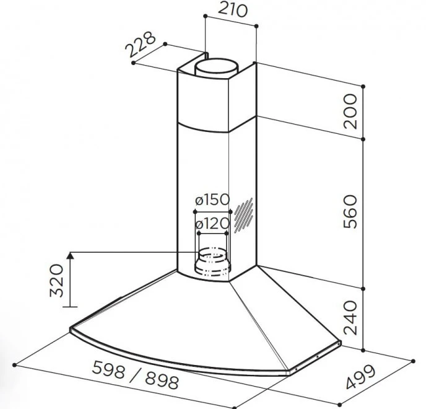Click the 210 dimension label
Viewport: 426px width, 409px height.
[x=233, y=9]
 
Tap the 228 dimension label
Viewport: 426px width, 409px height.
[x=141, y=45]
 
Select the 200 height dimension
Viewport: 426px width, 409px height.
[x=350, y=111]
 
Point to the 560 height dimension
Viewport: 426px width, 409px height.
[x=350, y=211]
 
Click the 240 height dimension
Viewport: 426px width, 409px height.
[x=350, y=317]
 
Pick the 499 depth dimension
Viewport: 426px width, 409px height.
[x=361, y=377]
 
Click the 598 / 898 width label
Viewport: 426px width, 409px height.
[x=136, y=375]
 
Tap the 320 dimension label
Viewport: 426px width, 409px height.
[x=57, y=280]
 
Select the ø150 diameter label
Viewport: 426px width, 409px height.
[x=212, y=200]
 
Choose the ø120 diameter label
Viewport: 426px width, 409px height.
[x=212, y=224]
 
